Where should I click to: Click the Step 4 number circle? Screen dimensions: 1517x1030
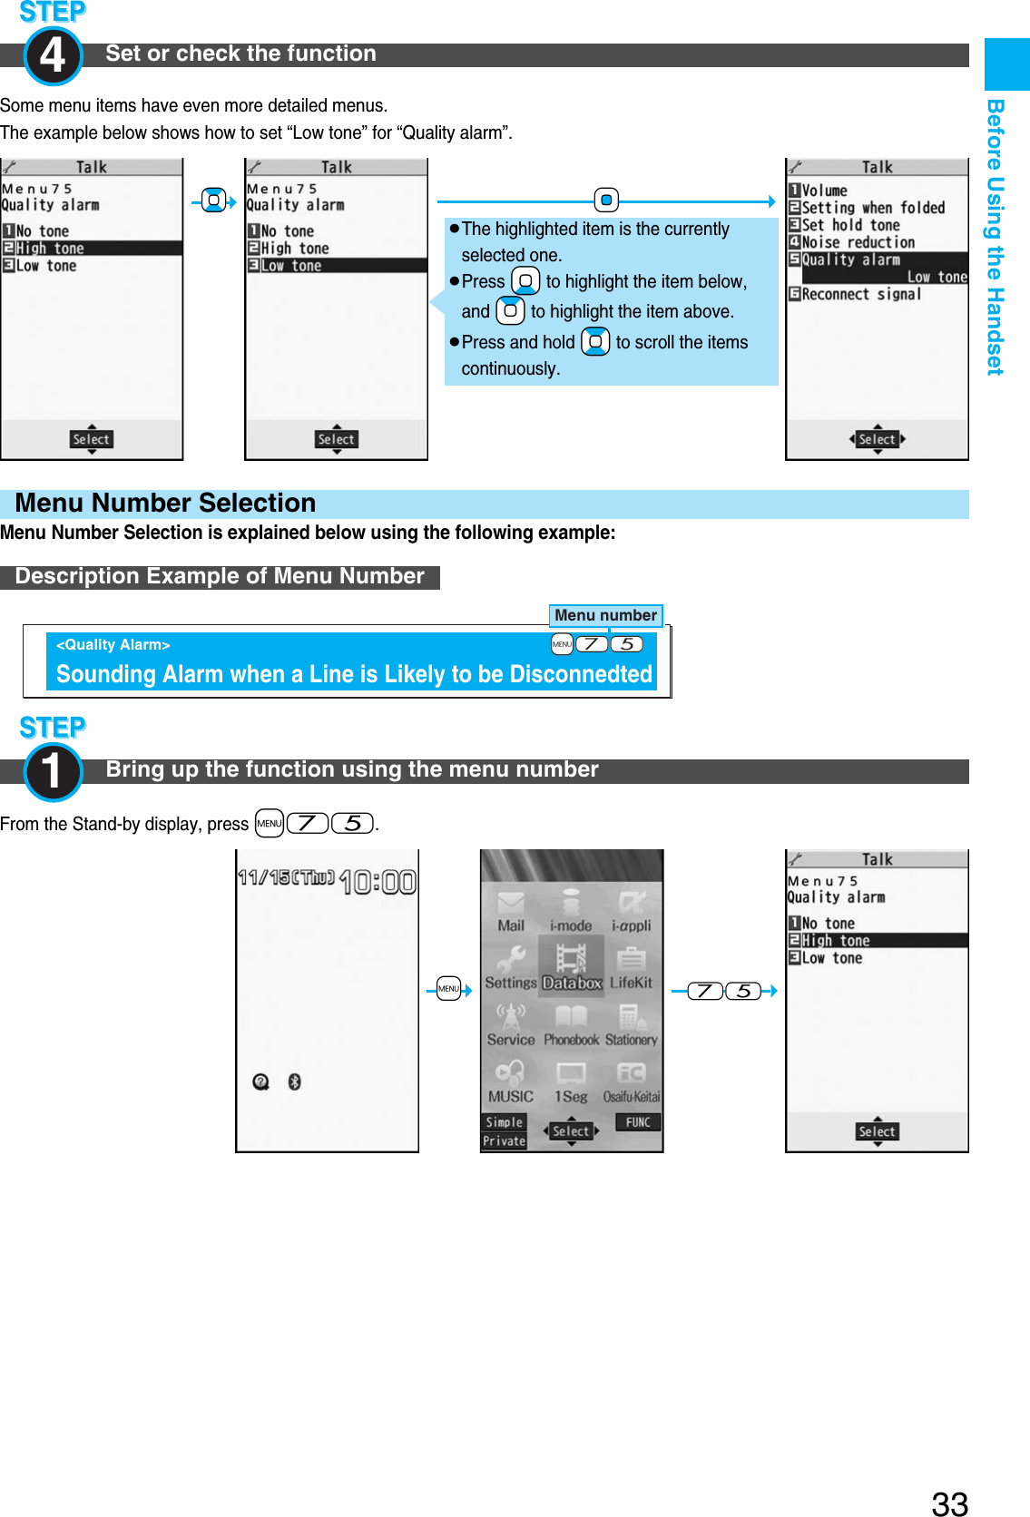click(53, 55)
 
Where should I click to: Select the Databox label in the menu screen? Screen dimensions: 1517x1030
click(572, 983)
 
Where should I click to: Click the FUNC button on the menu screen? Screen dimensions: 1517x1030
click(638, 1122)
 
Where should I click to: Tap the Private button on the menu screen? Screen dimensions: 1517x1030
click(504, 1141)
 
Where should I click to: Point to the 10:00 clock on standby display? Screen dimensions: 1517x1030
click(378, 881)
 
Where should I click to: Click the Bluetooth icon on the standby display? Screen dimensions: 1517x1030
click(294, 1081)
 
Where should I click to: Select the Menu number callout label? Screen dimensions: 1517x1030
click(605, 615)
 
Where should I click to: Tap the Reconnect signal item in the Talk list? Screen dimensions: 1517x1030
click(860, 294)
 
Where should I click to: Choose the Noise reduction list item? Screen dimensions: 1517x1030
click(858, 242)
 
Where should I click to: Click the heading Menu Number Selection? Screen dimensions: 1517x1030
click(166, 504)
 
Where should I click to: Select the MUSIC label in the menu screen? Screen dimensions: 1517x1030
click(510, 1096)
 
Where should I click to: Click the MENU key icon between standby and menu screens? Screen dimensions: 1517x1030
click(448, 989)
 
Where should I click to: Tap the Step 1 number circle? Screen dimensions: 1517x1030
click(53, 771)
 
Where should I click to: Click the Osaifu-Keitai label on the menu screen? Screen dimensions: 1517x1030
click(632, 1097)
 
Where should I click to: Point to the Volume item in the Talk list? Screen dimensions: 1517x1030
click(823, 191)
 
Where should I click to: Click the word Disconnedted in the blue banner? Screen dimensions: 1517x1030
click(581, 674)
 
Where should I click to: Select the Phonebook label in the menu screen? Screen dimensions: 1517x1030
click(571, 1040)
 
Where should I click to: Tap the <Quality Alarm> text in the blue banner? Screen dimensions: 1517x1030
click(113, 645)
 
